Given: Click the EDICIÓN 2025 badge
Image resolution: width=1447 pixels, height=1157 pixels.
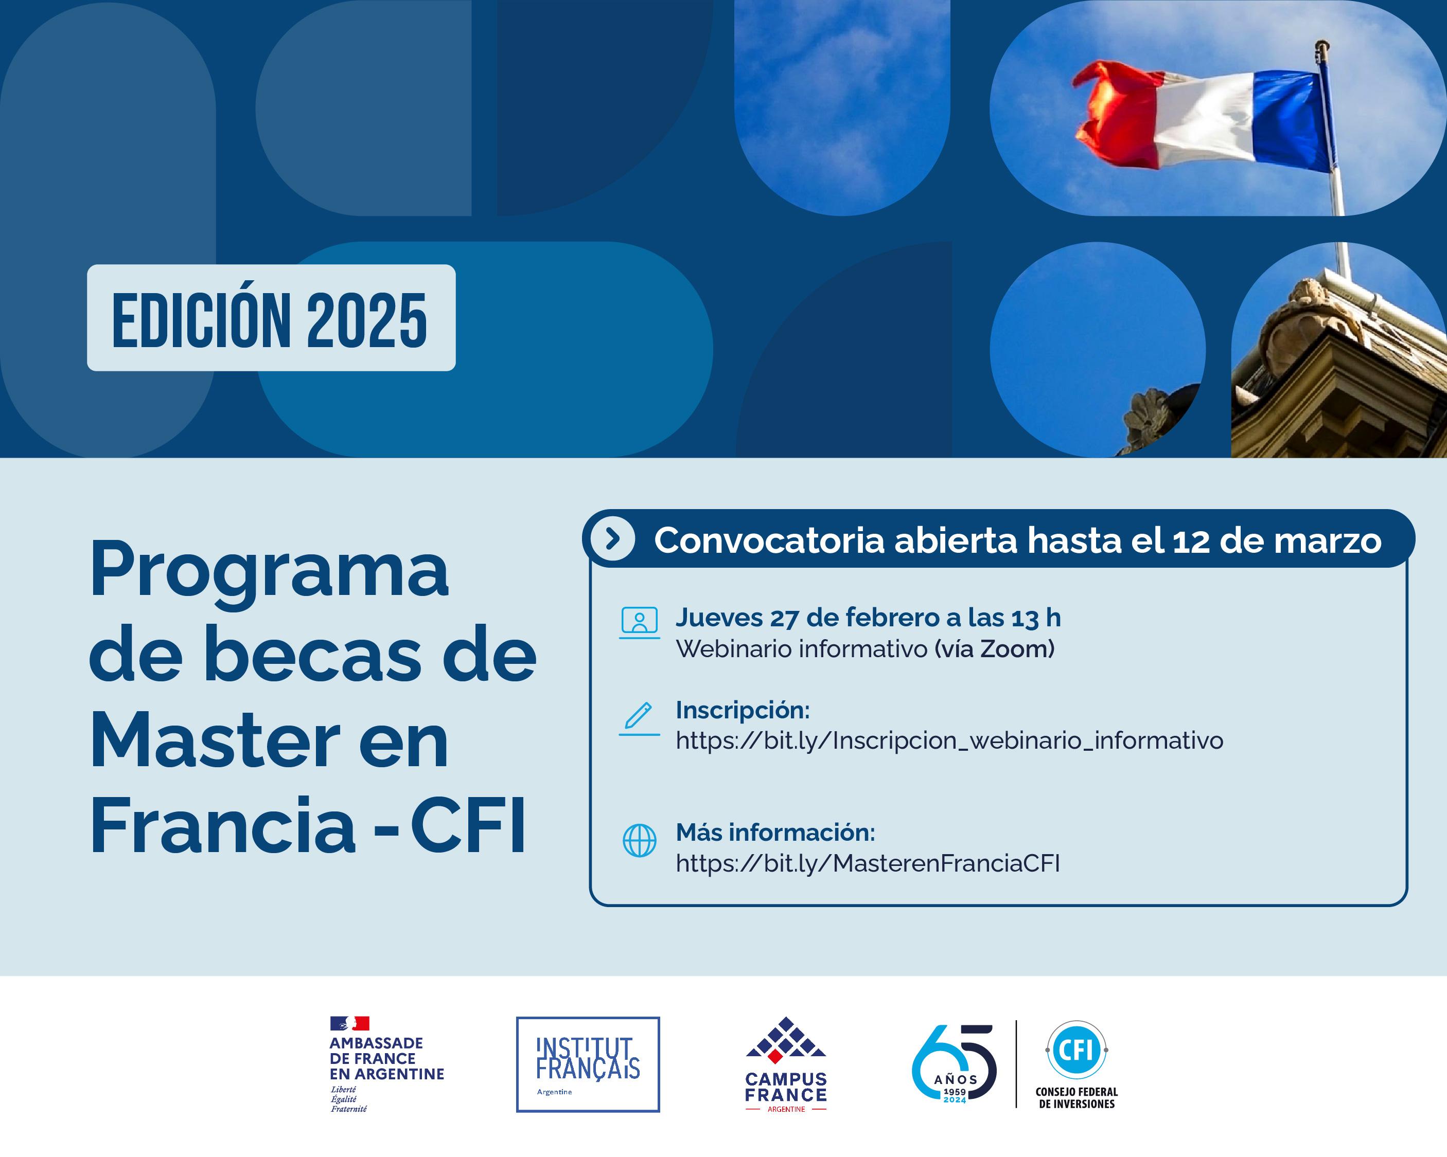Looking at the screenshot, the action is click(x=271, y=317).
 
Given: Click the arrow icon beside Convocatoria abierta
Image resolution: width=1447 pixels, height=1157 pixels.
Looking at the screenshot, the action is click(x=611, y=538).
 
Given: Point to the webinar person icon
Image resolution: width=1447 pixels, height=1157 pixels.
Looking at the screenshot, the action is click(x=639, y=622).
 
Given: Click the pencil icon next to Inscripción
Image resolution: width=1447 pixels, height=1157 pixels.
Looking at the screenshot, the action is click(x=639, y=718).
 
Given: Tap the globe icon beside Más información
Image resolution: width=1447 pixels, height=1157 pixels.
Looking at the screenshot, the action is click(x=640, y=840).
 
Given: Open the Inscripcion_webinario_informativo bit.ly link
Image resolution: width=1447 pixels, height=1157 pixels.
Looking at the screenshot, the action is click(x=949, y=740).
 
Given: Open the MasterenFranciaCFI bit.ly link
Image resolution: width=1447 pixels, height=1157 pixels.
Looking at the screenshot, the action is click(x=868, y=863).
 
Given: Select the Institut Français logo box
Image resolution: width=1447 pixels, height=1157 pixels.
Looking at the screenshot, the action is click(x=588, y=1064).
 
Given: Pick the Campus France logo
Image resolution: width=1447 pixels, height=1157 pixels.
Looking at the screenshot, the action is click(x=786, y=1064).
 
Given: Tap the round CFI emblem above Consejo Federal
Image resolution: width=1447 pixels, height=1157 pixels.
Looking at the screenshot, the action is click(x=1077, y=1050).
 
